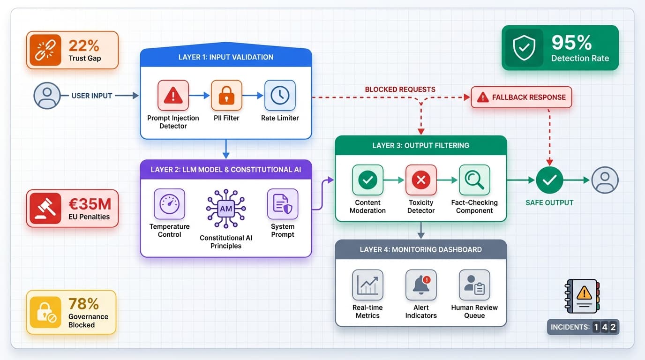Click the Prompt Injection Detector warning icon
[x=173, y=96]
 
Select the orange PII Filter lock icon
[x=226, y=96]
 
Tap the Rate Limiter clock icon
[x=280, y=96]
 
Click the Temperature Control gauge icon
[x=169, y=204]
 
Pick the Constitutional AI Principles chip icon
[x=226, y=209]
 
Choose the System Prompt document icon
[x=282, y=204]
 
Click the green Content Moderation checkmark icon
[x=367, y=180]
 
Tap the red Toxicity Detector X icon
[x=421, y=180]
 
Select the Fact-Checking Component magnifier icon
[x=474, y=180]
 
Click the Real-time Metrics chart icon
[x=367, y=285]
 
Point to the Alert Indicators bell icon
[x=421, y=285]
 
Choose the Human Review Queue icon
[x=474, y=285]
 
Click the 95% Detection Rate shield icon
[x=524, y=48]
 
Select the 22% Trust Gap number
[x=84, y=45]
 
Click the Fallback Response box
[x=521, y=97]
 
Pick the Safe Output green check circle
[x=549, y=180]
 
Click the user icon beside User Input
[x=47, y=96]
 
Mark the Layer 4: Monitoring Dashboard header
[x=420, y=249]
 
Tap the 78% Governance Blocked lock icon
[x=45, y=312]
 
